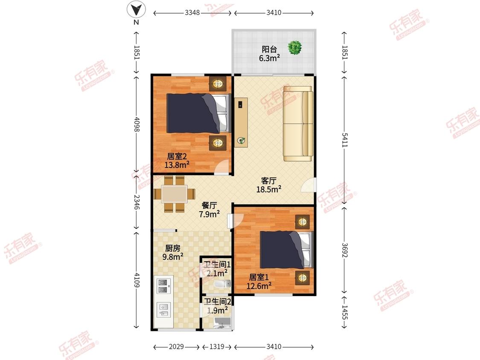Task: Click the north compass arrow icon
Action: click(136, 9)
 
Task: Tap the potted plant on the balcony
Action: click(295, 48)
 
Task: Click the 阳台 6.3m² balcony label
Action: click(269, 54)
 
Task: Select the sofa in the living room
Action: click(298, 123)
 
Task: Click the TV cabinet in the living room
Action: click(241, 122)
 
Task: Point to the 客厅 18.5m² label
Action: click(268, 185)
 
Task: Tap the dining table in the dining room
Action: click(174, 194)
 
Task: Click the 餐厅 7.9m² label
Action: click(209, 210)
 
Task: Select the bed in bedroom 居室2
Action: click(198, 113)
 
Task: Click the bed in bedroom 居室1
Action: click(287, 250)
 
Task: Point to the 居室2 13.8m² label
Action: click(177, 161)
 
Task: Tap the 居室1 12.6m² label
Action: click(259, 282)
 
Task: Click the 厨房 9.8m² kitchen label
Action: click(173, 253)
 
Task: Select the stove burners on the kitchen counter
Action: click(163, 285)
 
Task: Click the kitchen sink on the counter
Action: click(163, 310)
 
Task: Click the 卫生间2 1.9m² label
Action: click(218, 306)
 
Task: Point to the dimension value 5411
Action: click(345, 140)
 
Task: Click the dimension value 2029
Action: click(176, 346)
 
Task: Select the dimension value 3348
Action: click(192, 12)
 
